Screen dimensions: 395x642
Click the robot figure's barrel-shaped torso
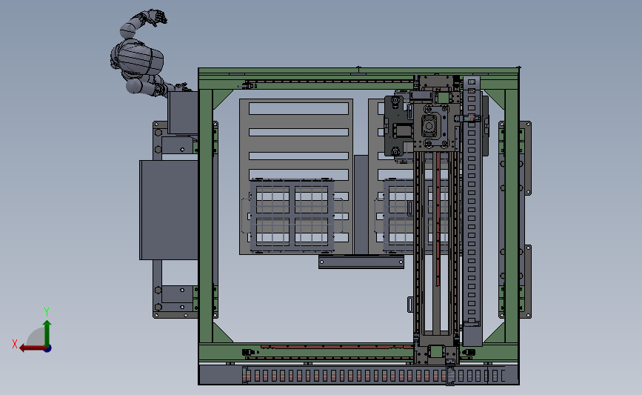coord(137,58)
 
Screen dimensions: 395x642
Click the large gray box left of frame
coord(168,210)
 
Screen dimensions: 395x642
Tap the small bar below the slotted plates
coord(361,262)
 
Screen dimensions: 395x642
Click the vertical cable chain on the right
coord(472,200)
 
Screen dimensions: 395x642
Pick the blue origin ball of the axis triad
coord(47,348)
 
